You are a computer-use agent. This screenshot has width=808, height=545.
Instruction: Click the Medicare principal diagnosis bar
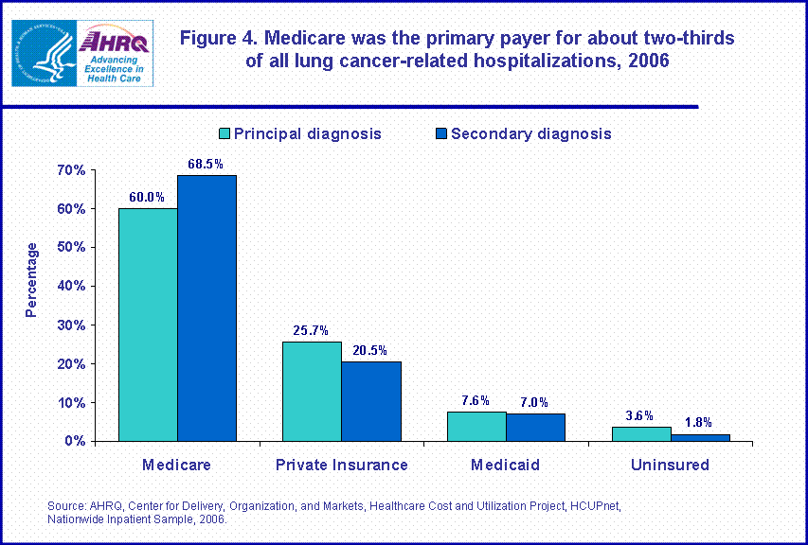coord(148,325)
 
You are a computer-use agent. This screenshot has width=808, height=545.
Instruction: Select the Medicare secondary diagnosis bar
coord(206,308)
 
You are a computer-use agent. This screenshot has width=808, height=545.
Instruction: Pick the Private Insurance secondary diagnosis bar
coord(371,401)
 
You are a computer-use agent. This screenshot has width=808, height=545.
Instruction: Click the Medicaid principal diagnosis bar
coord(476,426)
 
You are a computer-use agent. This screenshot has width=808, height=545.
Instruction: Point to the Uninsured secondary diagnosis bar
coord(700,437)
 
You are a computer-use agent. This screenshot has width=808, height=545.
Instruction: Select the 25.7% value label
coord(312,331)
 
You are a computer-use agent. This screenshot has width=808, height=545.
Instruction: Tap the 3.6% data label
coord(641,415)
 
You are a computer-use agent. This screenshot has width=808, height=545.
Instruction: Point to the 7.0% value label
coord(534,402)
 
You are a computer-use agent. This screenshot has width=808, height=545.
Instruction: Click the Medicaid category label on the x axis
coord(506,466)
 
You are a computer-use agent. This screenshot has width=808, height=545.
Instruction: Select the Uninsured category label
coord(670,466)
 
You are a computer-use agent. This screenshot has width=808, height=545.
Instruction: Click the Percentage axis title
coord(32,279)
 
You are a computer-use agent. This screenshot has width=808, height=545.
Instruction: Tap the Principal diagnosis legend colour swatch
coord(224,133)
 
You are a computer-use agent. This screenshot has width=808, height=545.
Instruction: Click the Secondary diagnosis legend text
coord(530,133)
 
